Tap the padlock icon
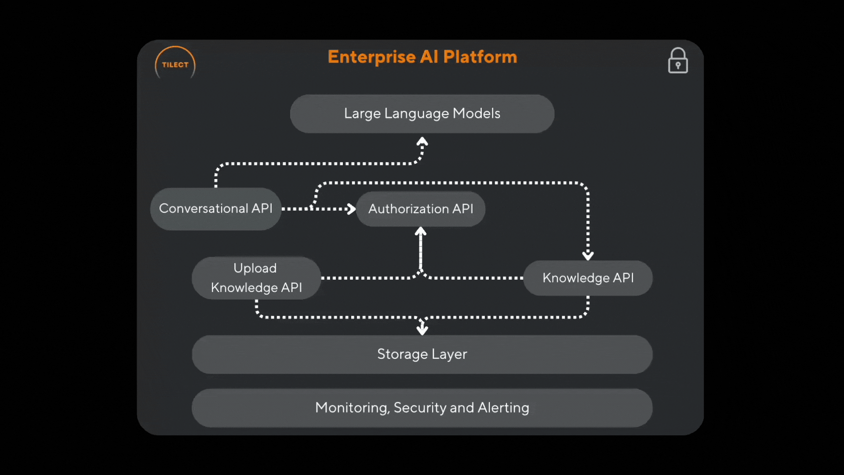[x=678, y=60]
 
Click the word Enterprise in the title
[x=372, y=57]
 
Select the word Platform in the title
[x=480, y=57]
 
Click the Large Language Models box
[x=422, y=113]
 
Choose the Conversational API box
[x=215, y=208]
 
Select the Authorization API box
[x=421, y=208]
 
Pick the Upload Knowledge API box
[x=256, y=278]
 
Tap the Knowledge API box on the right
[x=588, y=278]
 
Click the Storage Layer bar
[x=422, y=354]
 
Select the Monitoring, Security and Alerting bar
[x=422, y=408]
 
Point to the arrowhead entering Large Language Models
[x=422, y=141]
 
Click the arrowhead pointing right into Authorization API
[x=351, y=209]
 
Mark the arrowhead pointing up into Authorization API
[x=421, y=231]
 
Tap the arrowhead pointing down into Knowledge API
[x=588, y=256]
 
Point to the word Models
[x=477, y=113]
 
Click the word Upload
[x=255, y=268]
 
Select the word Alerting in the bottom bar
[x=503, y=408]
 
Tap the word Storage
[x=402, y=354]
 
